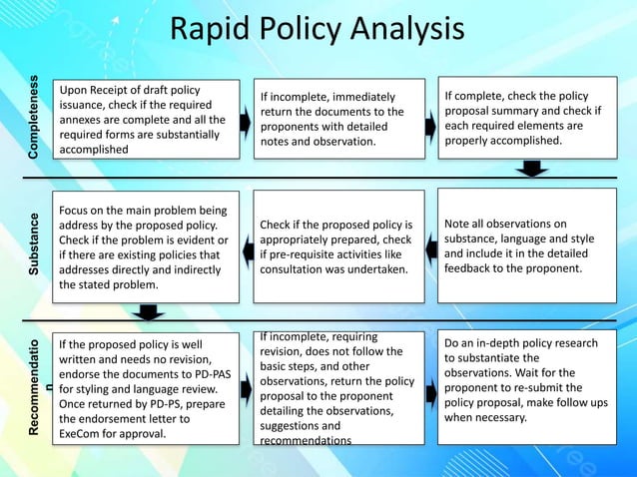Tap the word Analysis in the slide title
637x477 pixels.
point(411,30)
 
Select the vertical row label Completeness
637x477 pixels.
point(35,119)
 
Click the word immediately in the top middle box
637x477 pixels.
point(358,97)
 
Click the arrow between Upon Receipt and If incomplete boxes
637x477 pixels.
point(245,120)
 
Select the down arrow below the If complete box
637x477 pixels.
point(536,169)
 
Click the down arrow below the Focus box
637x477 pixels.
point(148,312)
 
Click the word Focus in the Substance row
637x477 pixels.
point(79,212)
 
